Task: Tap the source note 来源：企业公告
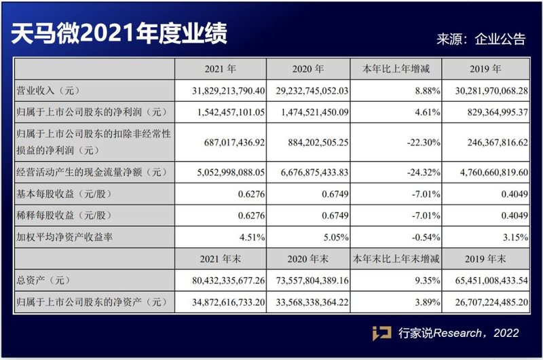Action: click(x=481, y=39)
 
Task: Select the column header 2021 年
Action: click(x=220, y=69)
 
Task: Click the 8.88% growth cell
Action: click(x=428, y=90)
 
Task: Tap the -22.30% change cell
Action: click(x=424, y=143)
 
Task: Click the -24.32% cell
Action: click(x=424, y=171)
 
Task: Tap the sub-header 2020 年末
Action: click(x=310, y=259)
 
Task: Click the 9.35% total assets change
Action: click(x=428, y=279)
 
